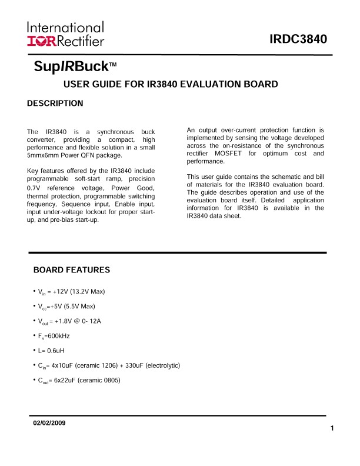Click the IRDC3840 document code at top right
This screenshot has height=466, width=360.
298,39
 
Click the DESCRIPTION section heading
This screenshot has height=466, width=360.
55,104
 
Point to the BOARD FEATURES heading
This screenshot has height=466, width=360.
72,270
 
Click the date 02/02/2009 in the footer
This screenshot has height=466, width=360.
49,424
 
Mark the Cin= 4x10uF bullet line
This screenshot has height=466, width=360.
107,365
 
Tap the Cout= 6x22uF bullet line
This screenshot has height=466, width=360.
78,380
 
